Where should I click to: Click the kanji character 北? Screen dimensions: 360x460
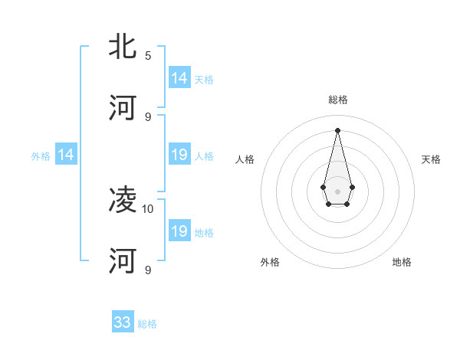pos(123,47)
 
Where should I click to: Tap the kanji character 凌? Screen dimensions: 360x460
pos(123,201)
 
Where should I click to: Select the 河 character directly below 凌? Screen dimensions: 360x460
pos(123,260)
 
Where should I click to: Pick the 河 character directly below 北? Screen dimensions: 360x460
pos(123,108)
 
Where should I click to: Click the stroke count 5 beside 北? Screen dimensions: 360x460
pos(148,56)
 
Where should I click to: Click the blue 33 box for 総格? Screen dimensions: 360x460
pos(123,322)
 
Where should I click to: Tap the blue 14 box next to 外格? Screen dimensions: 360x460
pos(66,155)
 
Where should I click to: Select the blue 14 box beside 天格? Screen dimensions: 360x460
pos(179,78)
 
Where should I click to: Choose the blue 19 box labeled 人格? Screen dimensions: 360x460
pos(179,155)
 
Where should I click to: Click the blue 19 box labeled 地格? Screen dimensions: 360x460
pos(179,231)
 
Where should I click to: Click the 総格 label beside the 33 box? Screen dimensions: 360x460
pos(147,324)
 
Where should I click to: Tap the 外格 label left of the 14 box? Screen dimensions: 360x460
pos(41,156)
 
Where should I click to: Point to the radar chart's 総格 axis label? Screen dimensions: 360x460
pos(337,100)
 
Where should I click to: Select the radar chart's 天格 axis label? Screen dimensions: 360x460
pos(431,159)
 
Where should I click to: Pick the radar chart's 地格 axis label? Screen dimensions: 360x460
pos(402,262)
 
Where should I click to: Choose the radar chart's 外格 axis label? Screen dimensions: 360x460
pos(270,262)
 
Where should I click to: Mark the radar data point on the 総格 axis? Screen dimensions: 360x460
pos(337,129)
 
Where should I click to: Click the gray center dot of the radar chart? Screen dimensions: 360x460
pos(337,191)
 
